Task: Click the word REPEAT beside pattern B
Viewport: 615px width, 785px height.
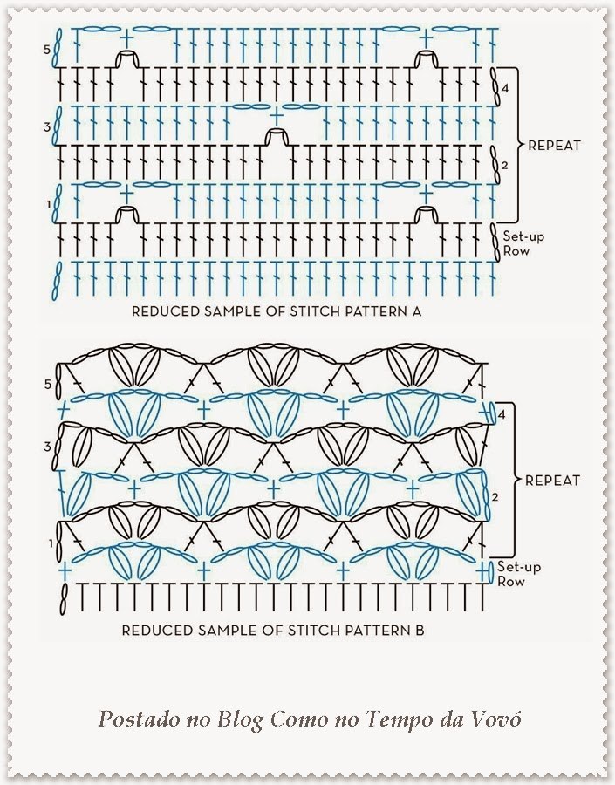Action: [x=552, y=481]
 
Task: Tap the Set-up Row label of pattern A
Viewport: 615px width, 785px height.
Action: [x=523, y=243]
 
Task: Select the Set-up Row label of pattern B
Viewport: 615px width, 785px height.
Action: [x=519, y=574]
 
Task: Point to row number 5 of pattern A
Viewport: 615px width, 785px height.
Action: [x=47, y=50]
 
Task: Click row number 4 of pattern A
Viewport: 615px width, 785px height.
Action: [x=505, y=88]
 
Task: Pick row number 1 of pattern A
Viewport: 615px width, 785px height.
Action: [x=49, y=204]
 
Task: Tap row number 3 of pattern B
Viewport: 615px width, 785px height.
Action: [x=48, y=446]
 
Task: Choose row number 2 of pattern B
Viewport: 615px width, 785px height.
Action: [x=495, y=497]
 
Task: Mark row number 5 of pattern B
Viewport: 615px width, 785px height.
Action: [x=48, y=385]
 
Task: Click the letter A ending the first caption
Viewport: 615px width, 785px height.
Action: [x=417, y=311]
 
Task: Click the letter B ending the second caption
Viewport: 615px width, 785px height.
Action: [x=420, y=630]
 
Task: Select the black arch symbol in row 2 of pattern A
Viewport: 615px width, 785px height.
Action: [x=276, y=137]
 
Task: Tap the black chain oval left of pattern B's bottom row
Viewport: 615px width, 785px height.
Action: [x=63, y=599]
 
